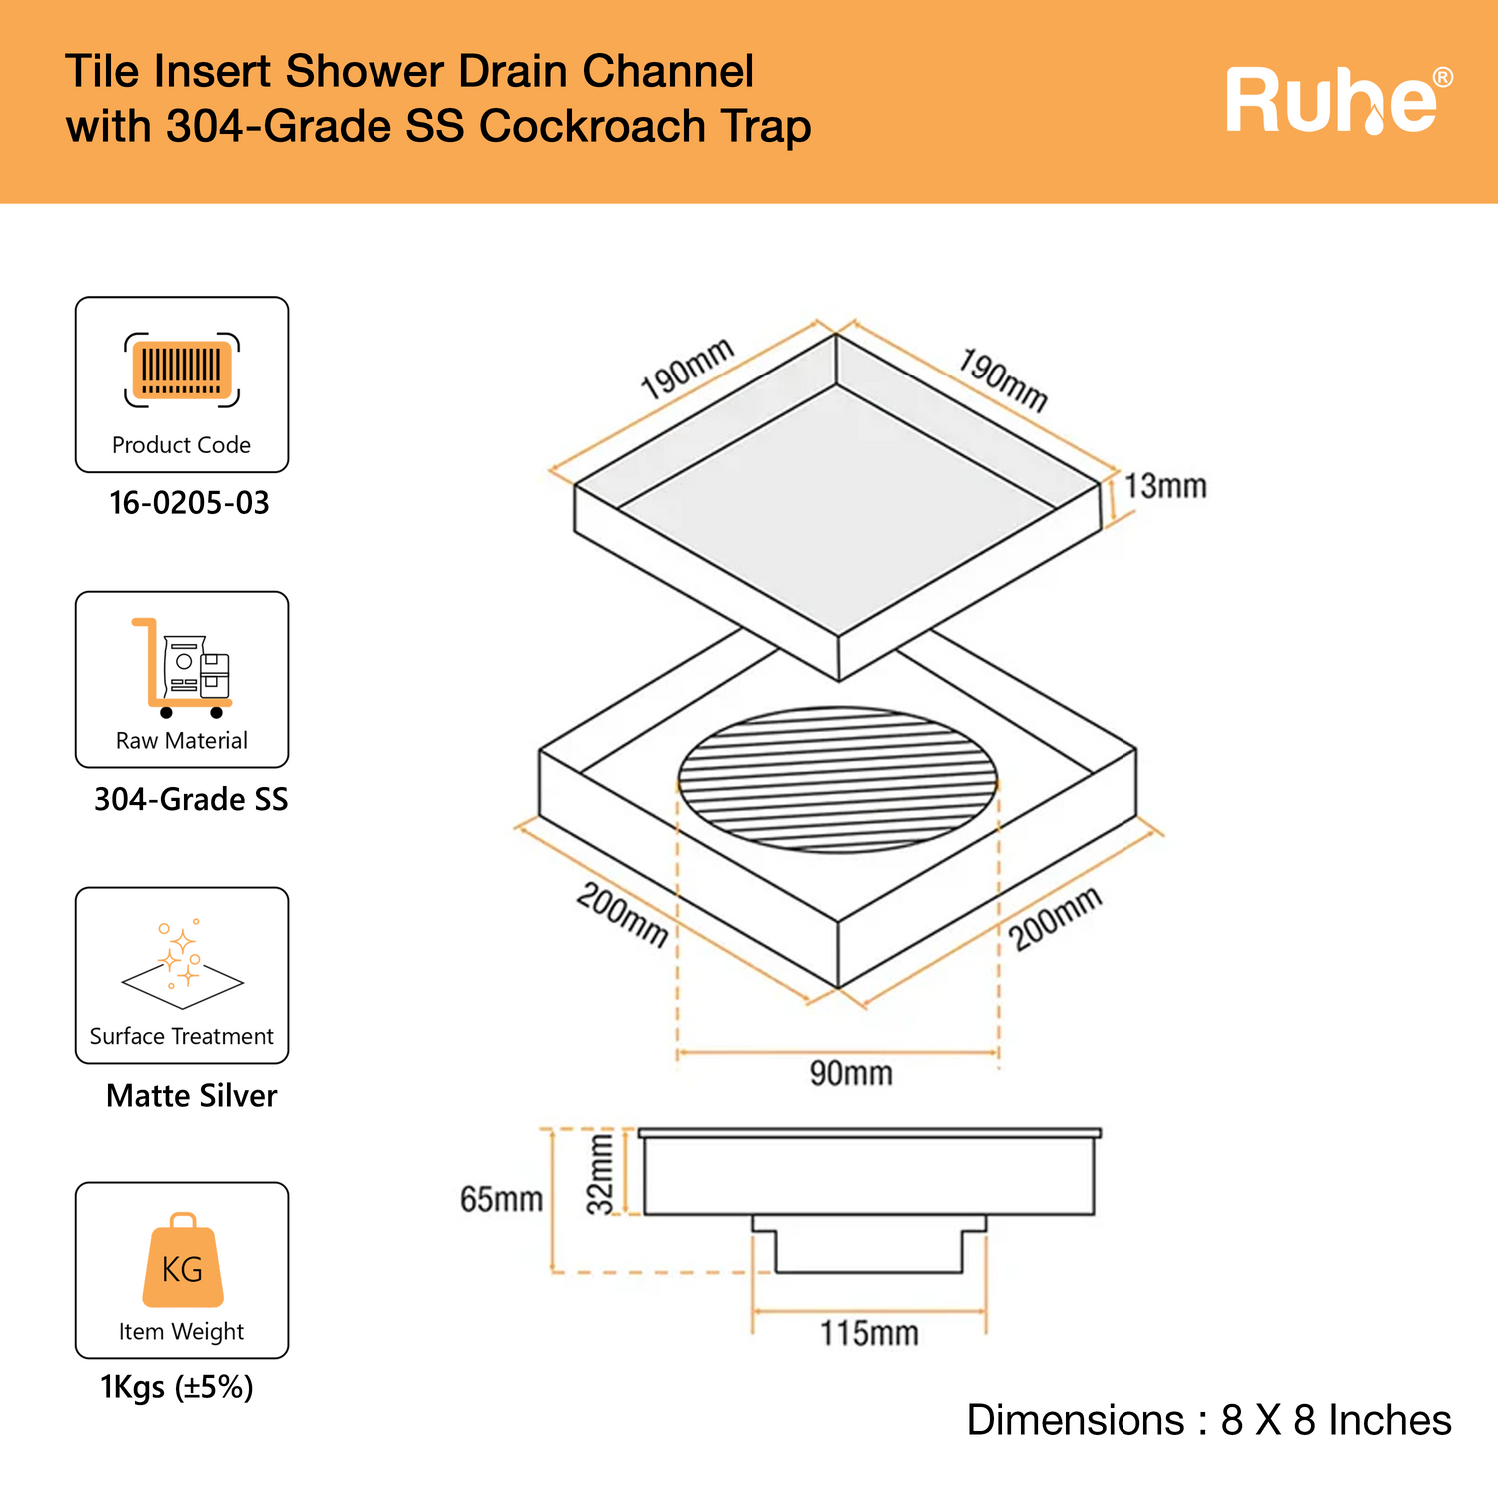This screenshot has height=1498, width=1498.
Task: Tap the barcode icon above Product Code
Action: point(182,370)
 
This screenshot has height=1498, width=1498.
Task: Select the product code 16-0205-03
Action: point(189,503)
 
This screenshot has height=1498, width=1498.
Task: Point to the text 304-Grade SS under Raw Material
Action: point(190,799)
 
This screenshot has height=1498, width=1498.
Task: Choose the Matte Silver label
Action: point(191,1096)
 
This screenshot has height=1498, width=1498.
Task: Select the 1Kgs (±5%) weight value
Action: point(177,1387)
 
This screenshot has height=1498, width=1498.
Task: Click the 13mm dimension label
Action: point(1165,487)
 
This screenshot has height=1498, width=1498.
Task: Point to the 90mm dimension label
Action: point(851,1074)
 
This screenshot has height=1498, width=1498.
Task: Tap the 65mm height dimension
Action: point(501,1199)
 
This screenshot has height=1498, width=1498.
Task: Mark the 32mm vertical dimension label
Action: point(600,1174)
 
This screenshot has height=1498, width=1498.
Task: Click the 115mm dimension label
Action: point(869,1333)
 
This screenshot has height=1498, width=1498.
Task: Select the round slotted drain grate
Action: point(838,780)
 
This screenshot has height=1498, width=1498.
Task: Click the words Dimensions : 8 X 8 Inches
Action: point(1208,1420)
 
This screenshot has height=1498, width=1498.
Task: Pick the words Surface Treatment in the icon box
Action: point(181,1036)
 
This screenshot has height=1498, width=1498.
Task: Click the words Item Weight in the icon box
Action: point(181,1331)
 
